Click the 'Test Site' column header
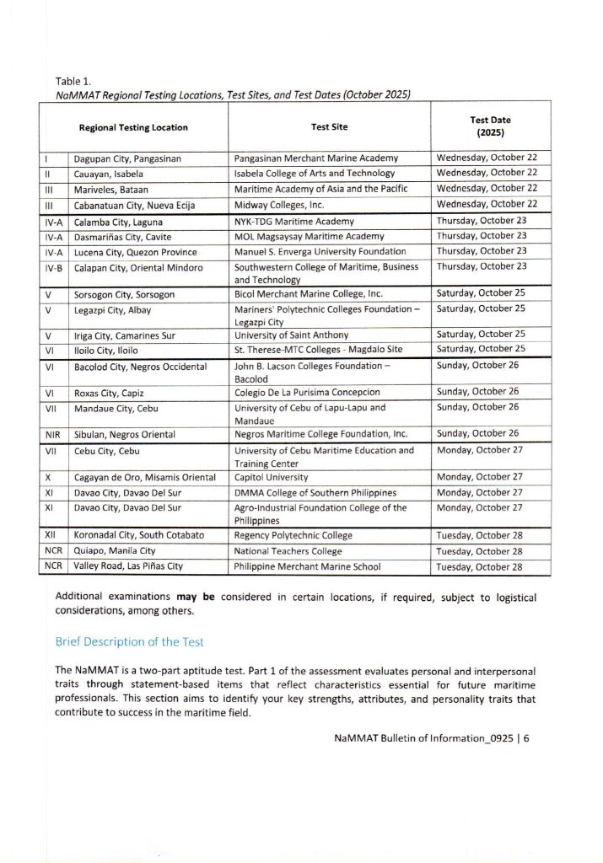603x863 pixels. tap(329, 127)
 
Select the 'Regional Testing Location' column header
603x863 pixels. tap(133, 127)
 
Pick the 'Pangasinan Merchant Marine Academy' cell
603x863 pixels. tap(316, 158)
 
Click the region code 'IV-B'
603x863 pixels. tap(54, 267)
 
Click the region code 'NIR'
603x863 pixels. tap(52, 434)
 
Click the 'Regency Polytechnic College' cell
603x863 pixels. tap(293, 536)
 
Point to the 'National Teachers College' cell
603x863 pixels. tap(288, 551)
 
